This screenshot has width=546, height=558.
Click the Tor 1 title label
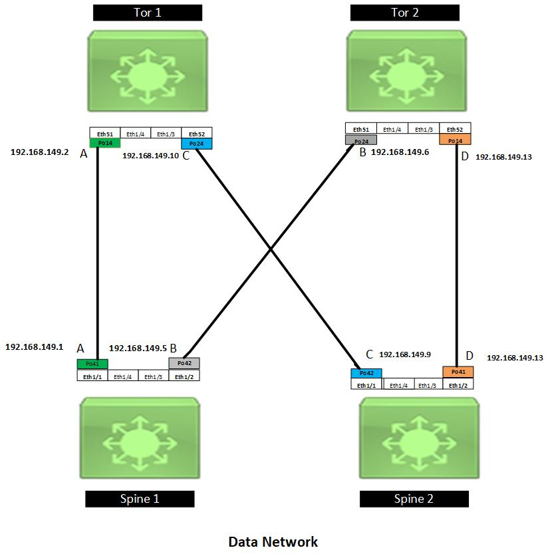[148, 13]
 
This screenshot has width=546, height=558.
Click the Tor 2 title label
[404, 13]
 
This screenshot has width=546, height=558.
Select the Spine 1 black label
[140, 499]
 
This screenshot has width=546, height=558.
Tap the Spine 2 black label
[414, 499]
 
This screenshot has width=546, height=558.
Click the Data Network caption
[273, 542]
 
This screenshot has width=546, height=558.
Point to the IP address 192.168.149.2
[39, 152]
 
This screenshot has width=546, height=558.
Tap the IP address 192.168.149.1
[34, 347]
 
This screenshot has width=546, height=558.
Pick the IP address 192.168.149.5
[137, 348]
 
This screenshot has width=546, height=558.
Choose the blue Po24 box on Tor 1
[196, 144]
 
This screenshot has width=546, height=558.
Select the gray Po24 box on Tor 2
[361, 140]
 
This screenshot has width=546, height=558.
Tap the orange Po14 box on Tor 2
[455, 140]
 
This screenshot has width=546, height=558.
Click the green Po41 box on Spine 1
[92, 364]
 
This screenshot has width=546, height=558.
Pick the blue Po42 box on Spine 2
[366, 374]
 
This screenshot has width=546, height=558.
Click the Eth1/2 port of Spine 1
[184, 376]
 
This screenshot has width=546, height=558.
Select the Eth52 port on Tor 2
[455, 129]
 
